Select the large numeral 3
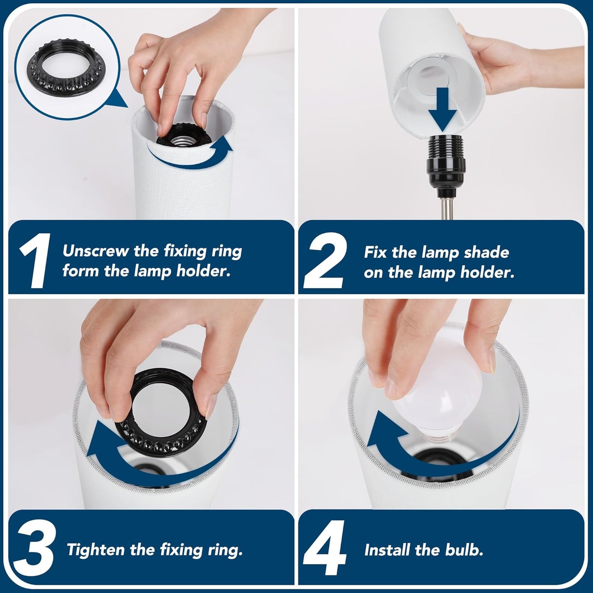(x=36, y=548)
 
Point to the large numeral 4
(x=325, y=548)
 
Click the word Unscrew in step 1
(x=96, y=251)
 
